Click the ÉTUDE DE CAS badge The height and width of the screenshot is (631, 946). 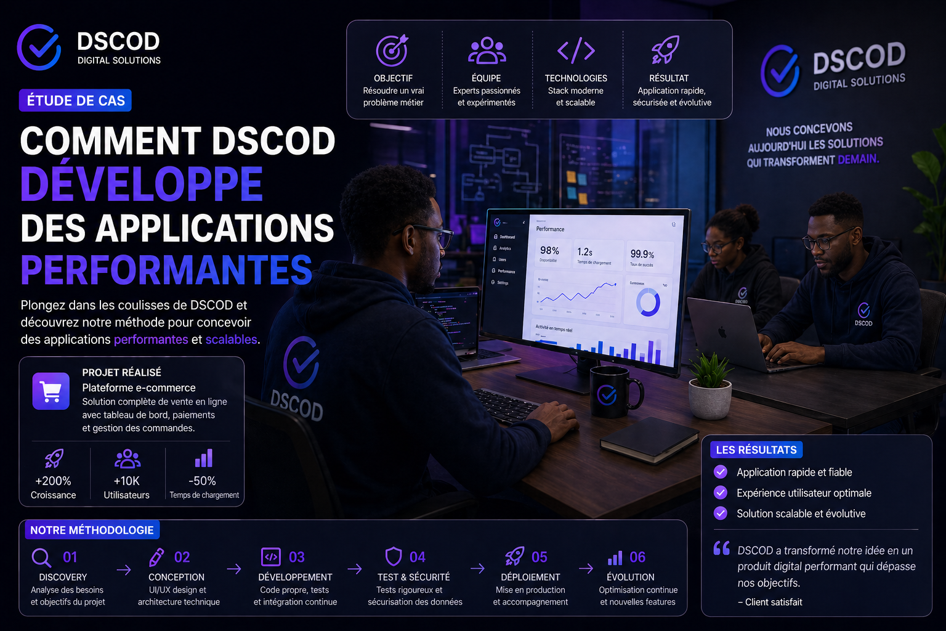[x=75, y=100]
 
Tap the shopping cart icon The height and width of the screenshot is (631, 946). [x=51, y=391]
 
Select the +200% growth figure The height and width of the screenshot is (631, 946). [x=53, y=481]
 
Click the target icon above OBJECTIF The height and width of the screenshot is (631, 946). [x=392, y=51]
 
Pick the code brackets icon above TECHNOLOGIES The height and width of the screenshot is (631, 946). [x=576, y=51]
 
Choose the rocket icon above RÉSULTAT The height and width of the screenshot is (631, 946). [x=666, y=50]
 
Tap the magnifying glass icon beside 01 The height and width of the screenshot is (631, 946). [x=41, y=558]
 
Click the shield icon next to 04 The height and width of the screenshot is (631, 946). [x=394, y=556]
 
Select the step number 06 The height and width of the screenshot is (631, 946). [x=637, y=557]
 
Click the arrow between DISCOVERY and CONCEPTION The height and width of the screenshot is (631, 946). [x=124, y=570]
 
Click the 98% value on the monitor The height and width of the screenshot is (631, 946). [x=549, y=250]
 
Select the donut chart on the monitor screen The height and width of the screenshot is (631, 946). [x=648, y=303]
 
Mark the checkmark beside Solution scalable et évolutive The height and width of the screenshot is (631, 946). [x=720, y=513]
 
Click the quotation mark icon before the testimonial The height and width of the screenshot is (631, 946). [x=722, y=548]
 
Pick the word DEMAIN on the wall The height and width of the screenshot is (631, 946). [x=858, y=159]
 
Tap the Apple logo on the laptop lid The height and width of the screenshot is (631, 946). [x=722, y=332]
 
